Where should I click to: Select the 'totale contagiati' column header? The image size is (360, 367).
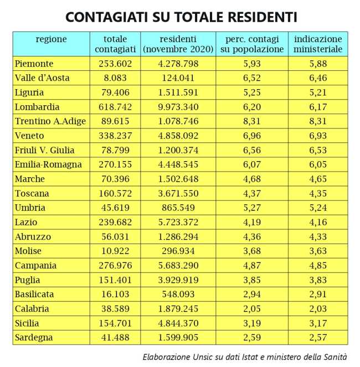tap(115, 44)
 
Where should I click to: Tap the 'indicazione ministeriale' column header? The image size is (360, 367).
tap(318, 44)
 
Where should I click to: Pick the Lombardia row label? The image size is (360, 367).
tap(37, 107)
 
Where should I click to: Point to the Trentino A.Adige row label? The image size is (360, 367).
tap(50, 121)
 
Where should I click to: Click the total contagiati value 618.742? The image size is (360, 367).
tap(115, 107)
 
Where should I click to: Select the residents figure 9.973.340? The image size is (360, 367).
tap(178, 107)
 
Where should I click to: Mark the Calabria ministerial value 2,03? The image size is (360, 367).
tap(318, 308)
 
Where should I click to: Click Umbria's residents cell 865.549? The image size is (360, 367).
tap(178, 208)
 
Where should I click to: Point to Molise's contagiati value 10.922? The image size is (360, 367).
tap(115, 251)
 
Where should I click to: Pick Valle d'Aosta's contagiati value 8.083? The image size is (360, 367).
tap(115, 78)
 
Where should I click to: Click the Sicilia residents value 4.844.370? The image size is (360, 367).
tap(178, 323)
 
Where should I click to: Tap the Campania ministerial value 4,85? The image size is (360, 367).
tap(318, 265)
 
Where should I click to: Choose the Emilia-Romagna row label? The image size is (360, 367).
tap(49, 164)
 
